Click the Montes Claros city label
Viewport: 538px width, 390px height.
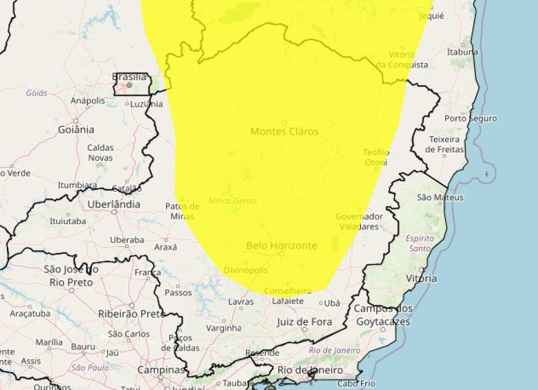[x=284, y=131]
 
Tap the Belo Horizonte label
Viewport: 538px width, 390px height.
[x=282, y=245]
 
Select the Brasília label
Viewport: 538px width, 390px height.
[x=129, y=77]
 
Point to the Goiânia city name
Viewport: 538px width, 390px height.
[x=76, y=129]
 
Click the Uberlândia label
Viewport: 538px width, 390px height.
[x=114, y=204]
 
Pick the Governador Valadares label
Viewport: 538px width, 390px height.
[x=359, y=221]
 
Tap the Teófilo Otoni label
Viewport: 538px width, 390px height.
[x=376, y=157]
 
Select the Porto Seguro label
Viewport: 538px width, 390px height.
[x=470, y=118]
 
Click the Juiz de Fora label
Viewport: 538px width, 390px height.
[x=304, y=322]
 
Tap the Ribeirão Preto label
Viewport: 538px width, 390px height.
[x=131, y=314]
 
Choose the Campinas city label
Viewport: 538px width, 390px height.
[x=161, y=370]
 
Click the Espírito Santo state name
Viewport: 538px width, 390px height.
[x=420, y=243]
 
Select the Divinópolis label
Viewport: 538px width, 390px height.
[x=246, y=270]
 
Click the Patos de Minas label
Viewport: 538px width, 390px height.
[x=182, y=211]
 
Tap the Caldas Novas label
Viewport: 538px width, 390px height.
[x=100, y=152]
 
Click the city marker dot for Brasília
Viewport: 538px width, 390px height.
[x=129, y=85]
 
